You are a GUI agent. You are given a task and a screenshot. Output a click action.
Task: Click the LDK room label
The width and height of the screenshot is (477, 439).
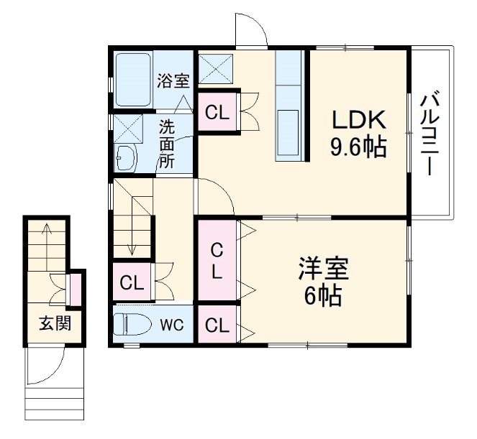point(358,119)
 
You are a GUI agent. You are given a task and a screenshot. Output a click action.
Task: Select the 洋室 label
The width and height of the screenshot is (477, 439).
point(324,269)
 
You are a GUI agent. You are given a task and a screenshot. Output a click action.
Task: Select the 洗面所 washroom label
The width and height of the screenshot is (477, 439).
point(167,144)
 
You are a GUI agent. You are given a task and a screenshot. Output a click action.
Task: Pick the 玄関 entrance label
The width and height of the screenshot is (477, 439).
point(55,323)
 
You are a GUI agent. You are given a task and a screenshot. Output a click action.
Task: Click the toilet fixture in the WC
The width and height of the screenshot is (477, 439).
point(134,324)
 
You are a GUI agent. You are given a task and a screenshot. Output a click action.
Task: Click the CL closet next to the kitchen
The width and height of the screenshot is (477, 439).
point(217,113)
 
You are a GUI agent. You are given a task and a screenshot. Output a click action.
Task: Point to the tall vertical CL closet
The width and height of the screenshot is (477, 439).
point(217,261)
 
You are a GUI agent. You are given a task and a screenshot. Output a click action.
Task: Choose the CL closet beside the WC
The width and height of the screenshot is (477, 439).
point(217,325)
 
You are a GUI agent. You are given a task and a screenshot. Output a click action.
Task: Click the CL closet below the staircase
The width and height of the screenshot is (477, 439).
point(132,282)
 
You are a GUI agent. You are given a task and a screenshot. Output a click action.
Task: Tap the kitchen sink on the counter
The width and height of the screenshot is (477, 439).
point(291,133)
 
